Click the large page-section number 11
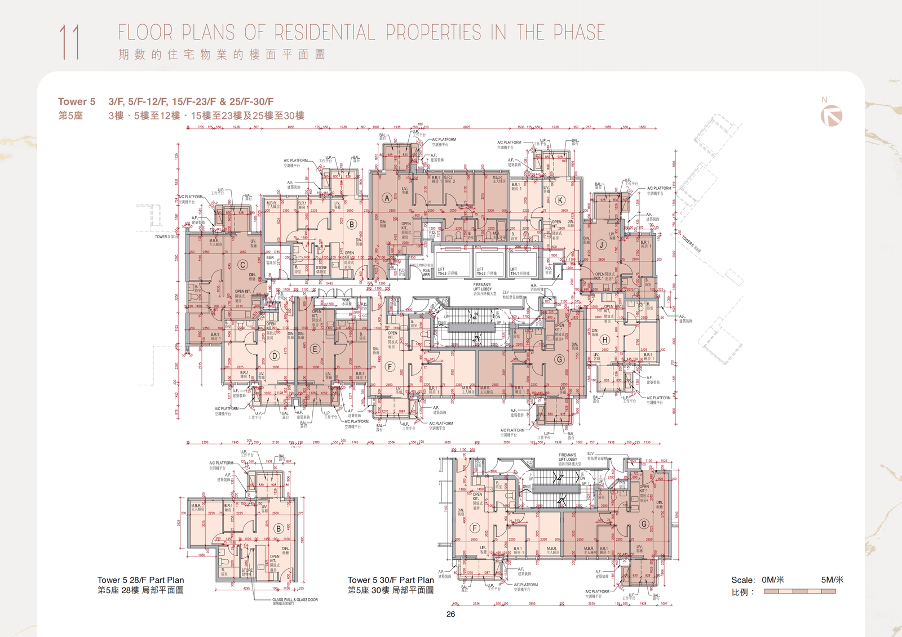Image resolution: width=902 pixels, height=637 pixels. [69, 42]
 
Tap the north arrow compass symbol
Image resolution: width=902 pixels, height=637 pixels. [832, 116]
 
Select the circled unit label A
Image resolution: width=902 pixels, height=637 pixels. [387, 198]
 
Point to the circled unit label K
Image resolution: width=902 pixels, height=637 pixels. [560, 200]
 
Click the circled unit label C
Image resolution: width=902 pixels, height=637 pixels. [242, 265]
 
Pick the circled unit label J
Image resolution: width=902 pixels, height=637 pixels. [602, 245]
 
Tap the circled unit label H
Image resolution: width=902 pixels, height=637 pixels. [605, 340]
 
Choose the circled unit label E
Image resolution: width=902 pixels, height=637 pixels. [315, 349]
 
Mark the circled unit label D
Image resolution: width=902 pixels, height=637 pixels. [275, 355]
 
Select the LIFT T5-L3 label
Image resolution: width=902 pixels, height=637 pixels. [447, 271]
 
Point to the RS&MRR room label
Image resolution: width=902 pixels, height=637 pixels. [426, 272]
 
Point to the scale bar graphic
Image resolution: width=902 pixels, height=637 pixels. [799, 591]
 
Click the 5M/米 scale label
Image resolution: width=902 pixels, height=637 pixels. [832, 580]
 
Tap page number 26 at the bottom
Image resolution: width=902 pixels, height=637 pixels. [450, 614]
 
